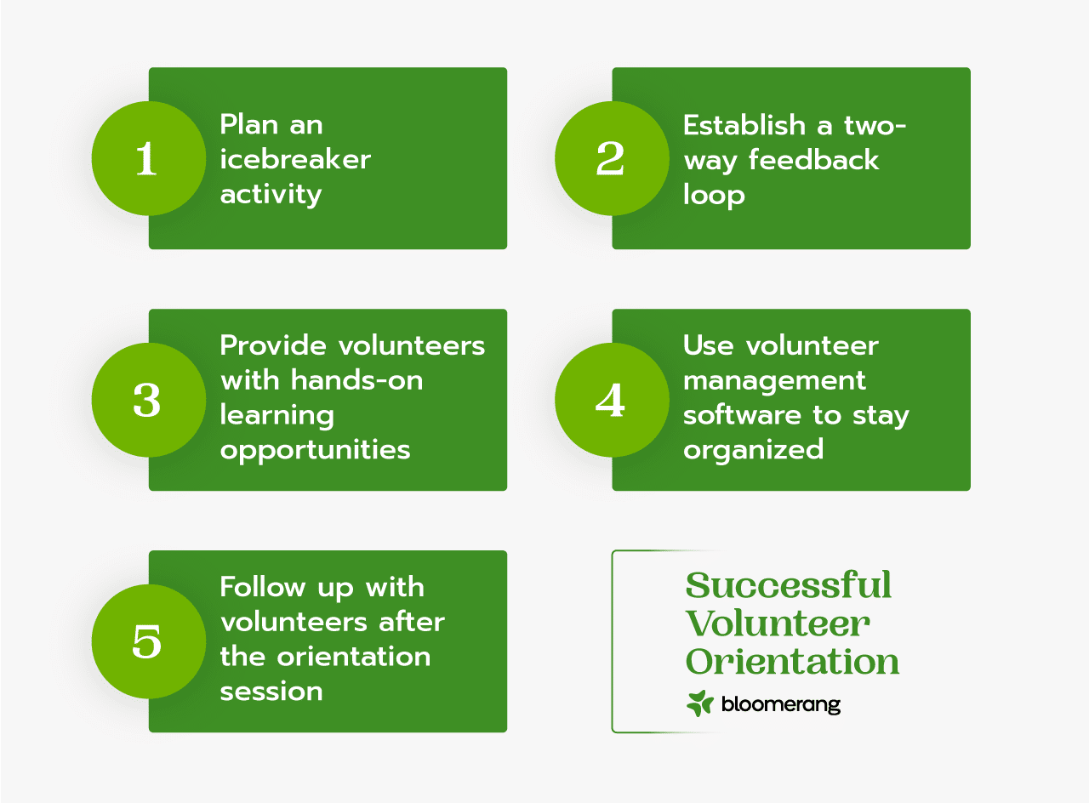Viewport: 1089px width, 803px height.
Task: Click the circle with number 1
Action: click(148, 158)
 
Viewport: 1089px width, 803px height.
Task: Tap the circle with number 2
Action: click(612, 158)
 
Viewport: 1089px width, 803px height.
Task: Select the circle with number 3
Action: click(148, 400)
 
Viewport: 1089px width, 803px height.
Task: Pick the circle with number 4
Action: click(612, 400)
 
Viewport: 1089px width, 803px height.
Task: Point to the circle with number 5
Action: click(148, 641)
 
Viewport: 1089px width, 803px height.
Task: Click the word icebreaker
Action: click(295, 159)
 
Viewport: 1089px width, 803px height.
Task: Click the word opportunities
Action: click(315, 450)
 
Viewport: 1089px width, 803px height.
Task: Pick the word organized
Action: click(753, 449)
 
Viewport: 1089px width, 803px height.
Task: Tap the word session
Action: click(271, 691)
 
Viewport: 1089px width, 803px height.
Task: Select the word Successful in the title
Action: click(789, 585)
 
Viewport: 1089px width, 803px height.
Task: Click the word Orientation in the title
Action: click(792, 662)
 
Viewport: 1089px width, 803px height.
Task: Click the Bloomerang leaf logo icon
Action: click(699, 703)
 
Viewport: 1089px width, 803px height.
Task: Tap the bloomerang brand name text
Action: click(780, 704)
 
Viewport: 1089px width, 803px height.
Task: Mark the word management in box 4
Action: click(774, 380)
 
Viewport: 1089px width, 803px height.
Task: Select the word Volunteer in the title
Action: click(778, 624)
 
